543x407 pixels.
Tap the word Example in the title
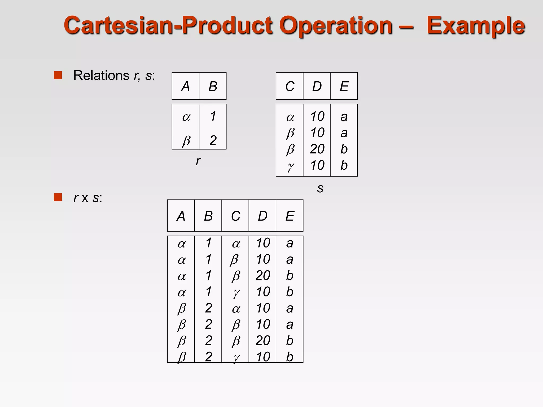click(x=476, y=26)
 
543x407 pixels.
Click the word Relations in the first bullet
click(x=101, y=75)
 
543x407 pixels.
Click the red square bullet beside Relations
click(x=58, y=75)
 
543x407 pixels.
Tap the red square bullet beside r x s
click(x=58, y=197)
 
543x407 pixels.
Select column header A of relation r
click(x=185, y=86)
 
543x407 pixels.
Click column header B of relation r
click(x=213, y=86)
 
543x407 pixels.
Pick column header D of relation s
click(x=317, y=86)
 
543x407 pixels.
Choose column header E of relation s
click(x=344, y=86)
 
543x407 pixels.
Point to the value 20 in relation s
click(x=317, y=149)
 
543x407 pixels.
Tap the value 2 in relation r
click(x=213, y=140)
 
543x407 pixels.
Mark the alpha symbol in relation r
click(x=186, y=117)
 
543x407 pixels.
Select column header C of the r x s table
click(x=235, y=216)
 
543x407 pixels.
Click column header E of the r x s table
click(x=290, y=216)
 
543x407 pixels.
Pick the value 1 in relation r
click(x=213, y=116)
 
